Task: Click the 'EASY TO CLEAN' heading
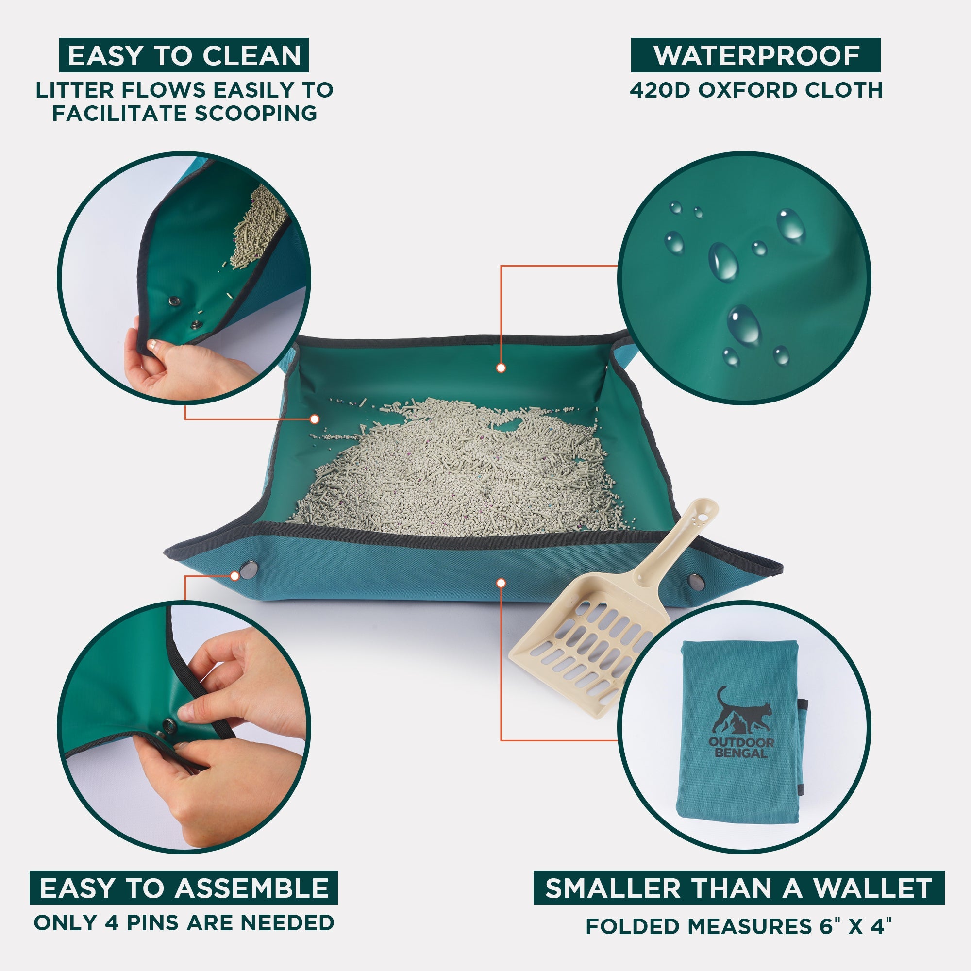184,55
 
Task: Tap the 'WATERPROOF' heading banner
755,55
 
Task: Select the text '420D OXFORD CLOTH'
756,90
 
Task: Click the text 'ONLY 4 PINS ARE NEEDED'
184,923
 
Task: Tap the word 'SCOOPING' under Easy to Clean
256,113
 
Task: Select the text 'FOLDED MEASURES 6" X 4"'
738,926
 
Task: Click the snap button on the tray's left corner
247,570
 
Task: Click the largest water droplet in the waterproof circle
744,323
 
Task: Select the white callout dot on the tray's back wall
501,368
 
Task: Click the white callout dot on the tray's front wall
501,583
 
